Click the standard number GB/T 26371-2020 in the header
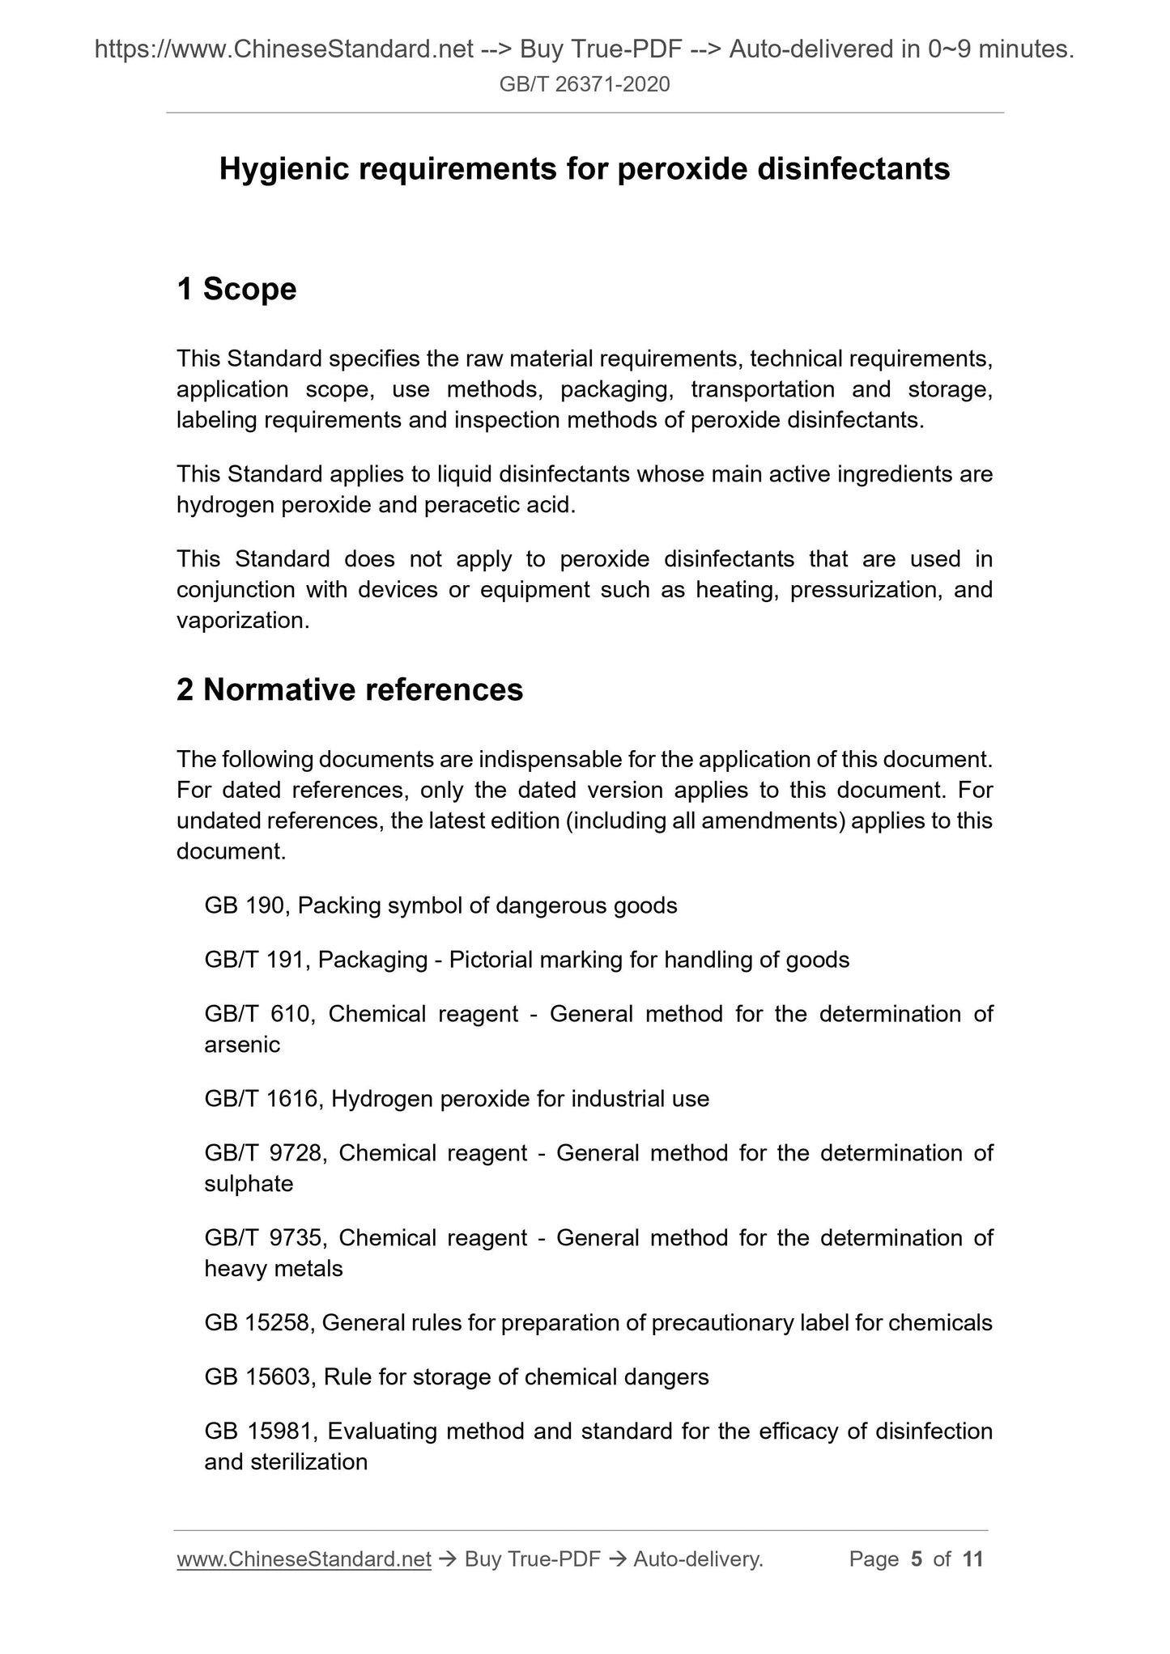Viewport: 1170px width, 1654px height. click(x=585, y=84)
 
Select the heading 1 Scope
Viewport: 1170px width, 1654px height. click(x=236, y=289)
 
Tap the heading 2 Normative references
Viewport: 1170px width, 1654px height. click(x=350, y=689)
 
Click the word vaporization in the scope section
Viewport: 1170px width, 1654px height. click(x=242, y=621)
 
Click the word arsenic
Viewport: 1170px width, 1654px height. click(x=242, y=1045)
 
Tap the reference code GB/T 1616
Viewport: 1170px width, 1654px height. click(x=263, y=1099)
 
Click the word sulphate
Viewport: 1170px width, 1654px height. click(x=249, y=1184)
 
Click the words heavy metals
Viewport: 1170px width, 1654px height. click(x=274, y=1269)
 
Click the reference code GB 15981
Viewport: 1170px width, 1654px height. click(x=259, y=1431)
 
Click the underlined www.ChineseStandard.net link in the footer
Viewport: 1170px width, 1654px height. click(x=304, y=1559)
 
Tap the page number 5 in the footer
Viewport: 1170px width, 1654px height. click(x=917, y=1559)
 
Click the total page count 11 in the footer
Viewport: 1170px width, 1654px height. click(x=972, y=1559)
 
